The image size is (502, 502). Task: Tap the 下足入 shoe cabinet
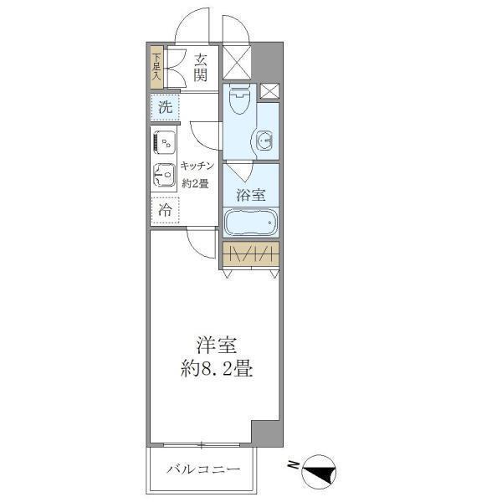156,68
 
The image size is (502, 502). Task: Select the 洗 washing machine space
165,106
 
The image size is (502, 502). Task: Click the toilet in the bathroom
238,102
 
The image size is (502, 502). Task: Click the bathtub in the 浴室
250,223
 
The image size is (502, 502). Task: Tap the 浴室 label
250,196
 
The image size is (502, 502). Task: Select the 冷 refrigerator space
166,210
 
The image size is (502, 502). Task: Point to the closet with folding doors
250,254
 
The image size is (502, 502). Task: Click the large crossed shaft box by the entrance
235,64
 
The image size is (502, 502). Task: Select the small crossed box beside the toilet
269,92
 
